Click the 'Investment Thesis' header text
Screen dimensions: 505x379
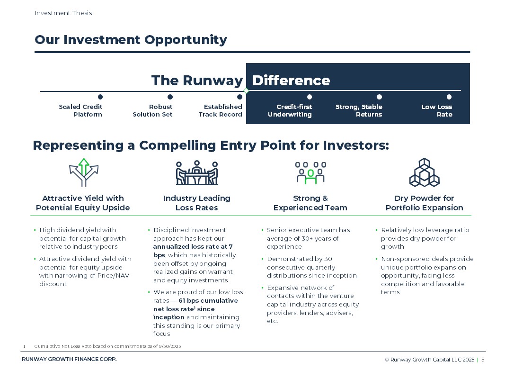coord(63,13)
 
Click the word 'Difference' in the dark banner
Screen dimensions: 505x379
coord(291,81)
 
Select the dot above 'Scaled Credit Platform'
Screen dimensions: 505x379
coord(100,97)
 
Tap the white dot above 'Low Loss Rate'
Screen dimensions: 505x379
coord(449,97)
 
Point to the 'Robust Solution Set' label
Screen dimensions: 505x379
coord(152,110)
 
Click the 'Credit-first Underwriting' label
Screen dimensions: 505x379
coord(290,110)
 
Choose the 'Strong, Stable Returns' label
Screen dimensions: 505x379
coord(359,110)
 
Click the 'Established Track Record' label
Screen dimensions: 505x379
coord(220,110)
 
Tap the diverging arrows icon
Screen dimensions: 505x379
coord(84,172)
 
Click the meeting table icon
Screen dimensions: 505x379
coord(197,173)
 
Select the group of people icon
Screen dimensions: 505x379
coord(310,173)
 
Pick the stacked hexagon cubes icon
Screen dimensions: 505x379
coord(425,172)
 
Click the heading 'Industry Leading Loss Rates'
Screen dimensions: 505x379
coord(197,203)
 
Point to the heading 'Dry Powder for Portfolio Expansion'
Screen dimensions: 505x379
coord(425,203)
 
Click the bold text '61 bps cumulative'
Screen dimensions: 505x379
coord(208,301)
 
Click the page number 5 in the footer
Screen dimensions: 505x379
coord(483,360)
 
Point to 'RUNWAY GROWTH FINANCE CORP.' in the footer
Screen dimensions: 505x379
coord(69,360)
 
